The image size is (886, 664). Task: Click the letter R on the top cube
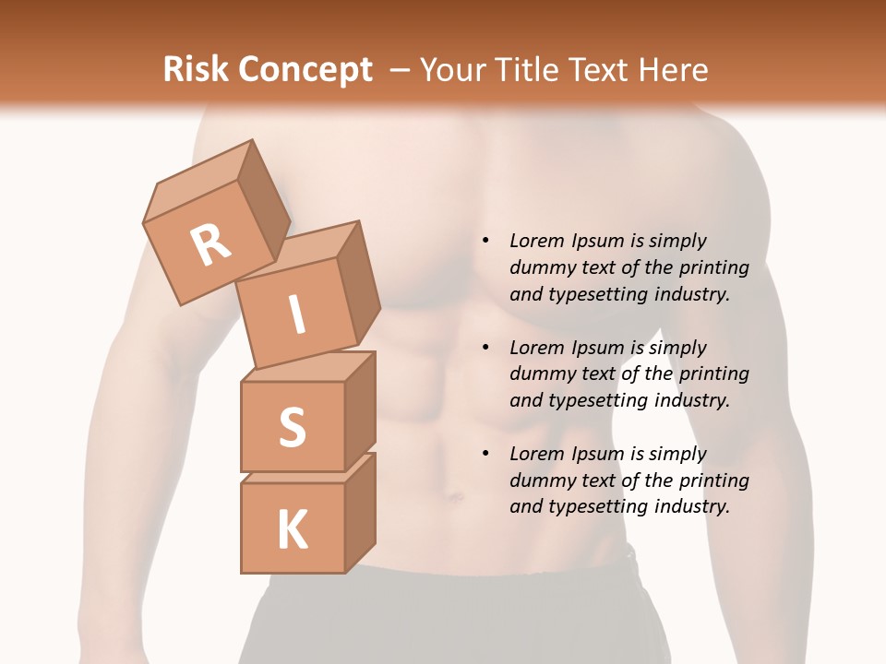tap(210, 245)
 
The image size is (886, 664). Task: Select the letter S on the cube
tap(292, 427)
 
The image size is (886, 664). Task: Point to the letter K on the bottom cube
tap(292, 529)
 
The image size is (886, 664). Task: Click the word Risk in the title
tap(196, 70)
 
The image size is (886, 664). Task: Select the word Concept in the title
tap(305, 70)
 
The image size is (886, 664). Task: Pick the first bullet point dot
tap(485, 241)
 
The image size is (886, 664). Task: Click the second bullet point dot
tap(485, 348)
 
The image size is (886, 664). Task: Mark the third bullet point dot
tap(485, 454)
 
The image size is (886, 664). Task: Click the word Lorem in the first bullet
tap(535, 241)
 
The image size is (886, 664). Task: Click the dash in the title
tap(401, 70)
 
